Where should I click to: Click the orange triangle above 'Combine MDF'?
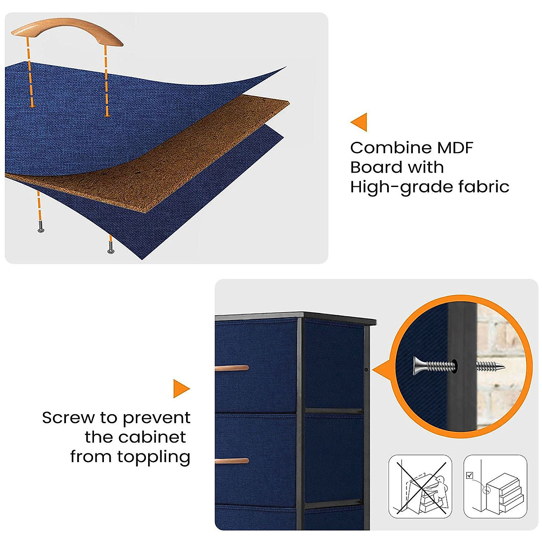pyautogui.click(x=359, y=122)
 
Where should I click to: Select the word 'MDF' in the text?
pyautogui.click(x=455, y=148)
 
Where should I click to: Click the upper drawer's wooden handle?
pyautogui.click(x=232, y=368)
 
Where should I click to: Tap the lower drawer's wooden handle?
pyautogui.click(x=232, y=461)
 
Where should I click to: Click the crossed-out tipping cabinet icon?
pyautogui.click(x=420, y=486)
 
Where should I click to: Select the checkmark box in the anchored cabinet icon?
pyautogui.click(x=470, y=475)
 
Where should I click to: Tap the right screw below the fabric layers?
pyautogui.click(x=110, y=250)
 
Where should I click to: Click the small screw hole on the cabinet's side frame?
pyautogui.click(x=366, y=370)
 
